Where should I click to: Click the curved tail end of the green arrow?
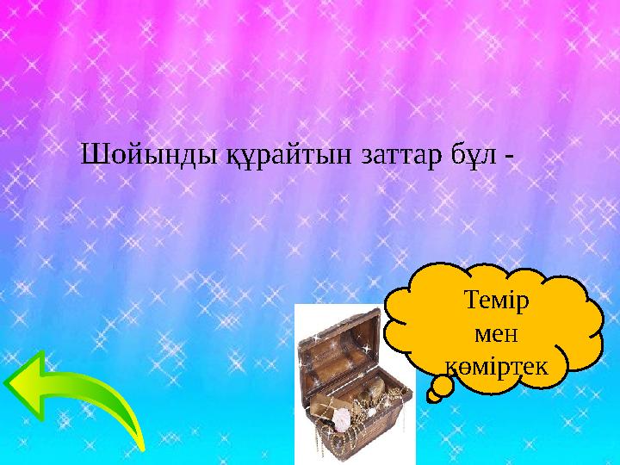pos(139,443)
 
